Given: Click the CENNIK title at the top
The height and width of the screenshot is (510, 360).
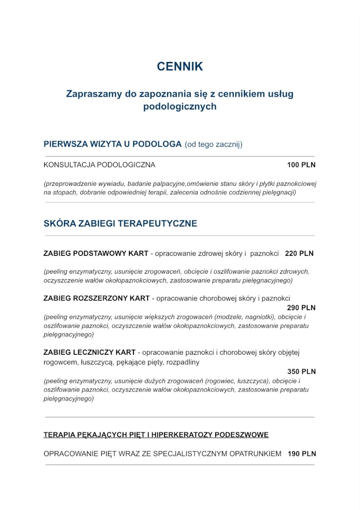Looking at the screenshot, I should click(180, 66).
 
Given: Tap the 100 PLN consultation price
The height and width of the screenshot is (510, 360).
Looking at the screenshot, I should click(301, 165).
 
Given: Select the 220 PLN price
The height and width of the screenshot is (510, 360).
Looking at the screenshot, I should click(299, 254).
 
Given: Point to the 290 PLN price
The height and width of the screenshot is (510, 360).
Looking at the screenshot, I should click(301, 308).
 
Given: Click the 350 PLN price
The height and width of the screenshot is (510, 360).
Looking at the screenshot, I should click(301, 372).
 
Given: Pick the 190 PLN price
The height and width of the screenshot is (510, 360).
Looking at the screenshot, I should click(302, 454).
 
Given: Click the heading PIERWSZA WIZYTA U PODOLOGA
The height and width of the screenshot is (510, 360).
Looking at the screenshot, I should click(113, 144).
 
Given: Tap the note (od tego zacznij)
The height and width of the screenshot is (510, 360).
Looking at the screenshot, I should click(213, 144).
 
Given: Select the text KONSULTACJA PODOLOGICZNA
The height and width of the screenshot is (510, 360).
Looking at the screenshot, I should click(99, 165).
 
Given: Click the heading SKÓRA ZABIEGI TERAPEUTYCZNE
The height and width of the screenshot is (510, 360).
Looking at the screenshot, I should click(120, 224).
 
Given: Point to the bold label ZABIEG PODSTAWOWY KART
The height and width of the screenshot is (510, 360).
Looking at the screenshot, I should click(96, 254).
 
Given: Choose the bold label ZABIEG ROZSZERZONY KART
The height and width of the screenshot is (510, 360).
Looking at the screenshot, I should click(96, 299).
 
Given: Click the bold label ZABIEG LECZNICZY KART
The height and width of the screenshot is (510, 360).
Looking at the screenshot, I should click(89, 352).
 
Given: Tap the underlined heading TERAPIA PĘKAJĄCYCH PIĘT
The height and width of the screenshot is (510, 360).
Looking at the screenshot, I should click(156, 435).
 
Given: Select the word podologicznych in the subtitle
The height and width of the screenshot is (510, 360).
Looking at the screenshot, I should click(180, 107).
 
